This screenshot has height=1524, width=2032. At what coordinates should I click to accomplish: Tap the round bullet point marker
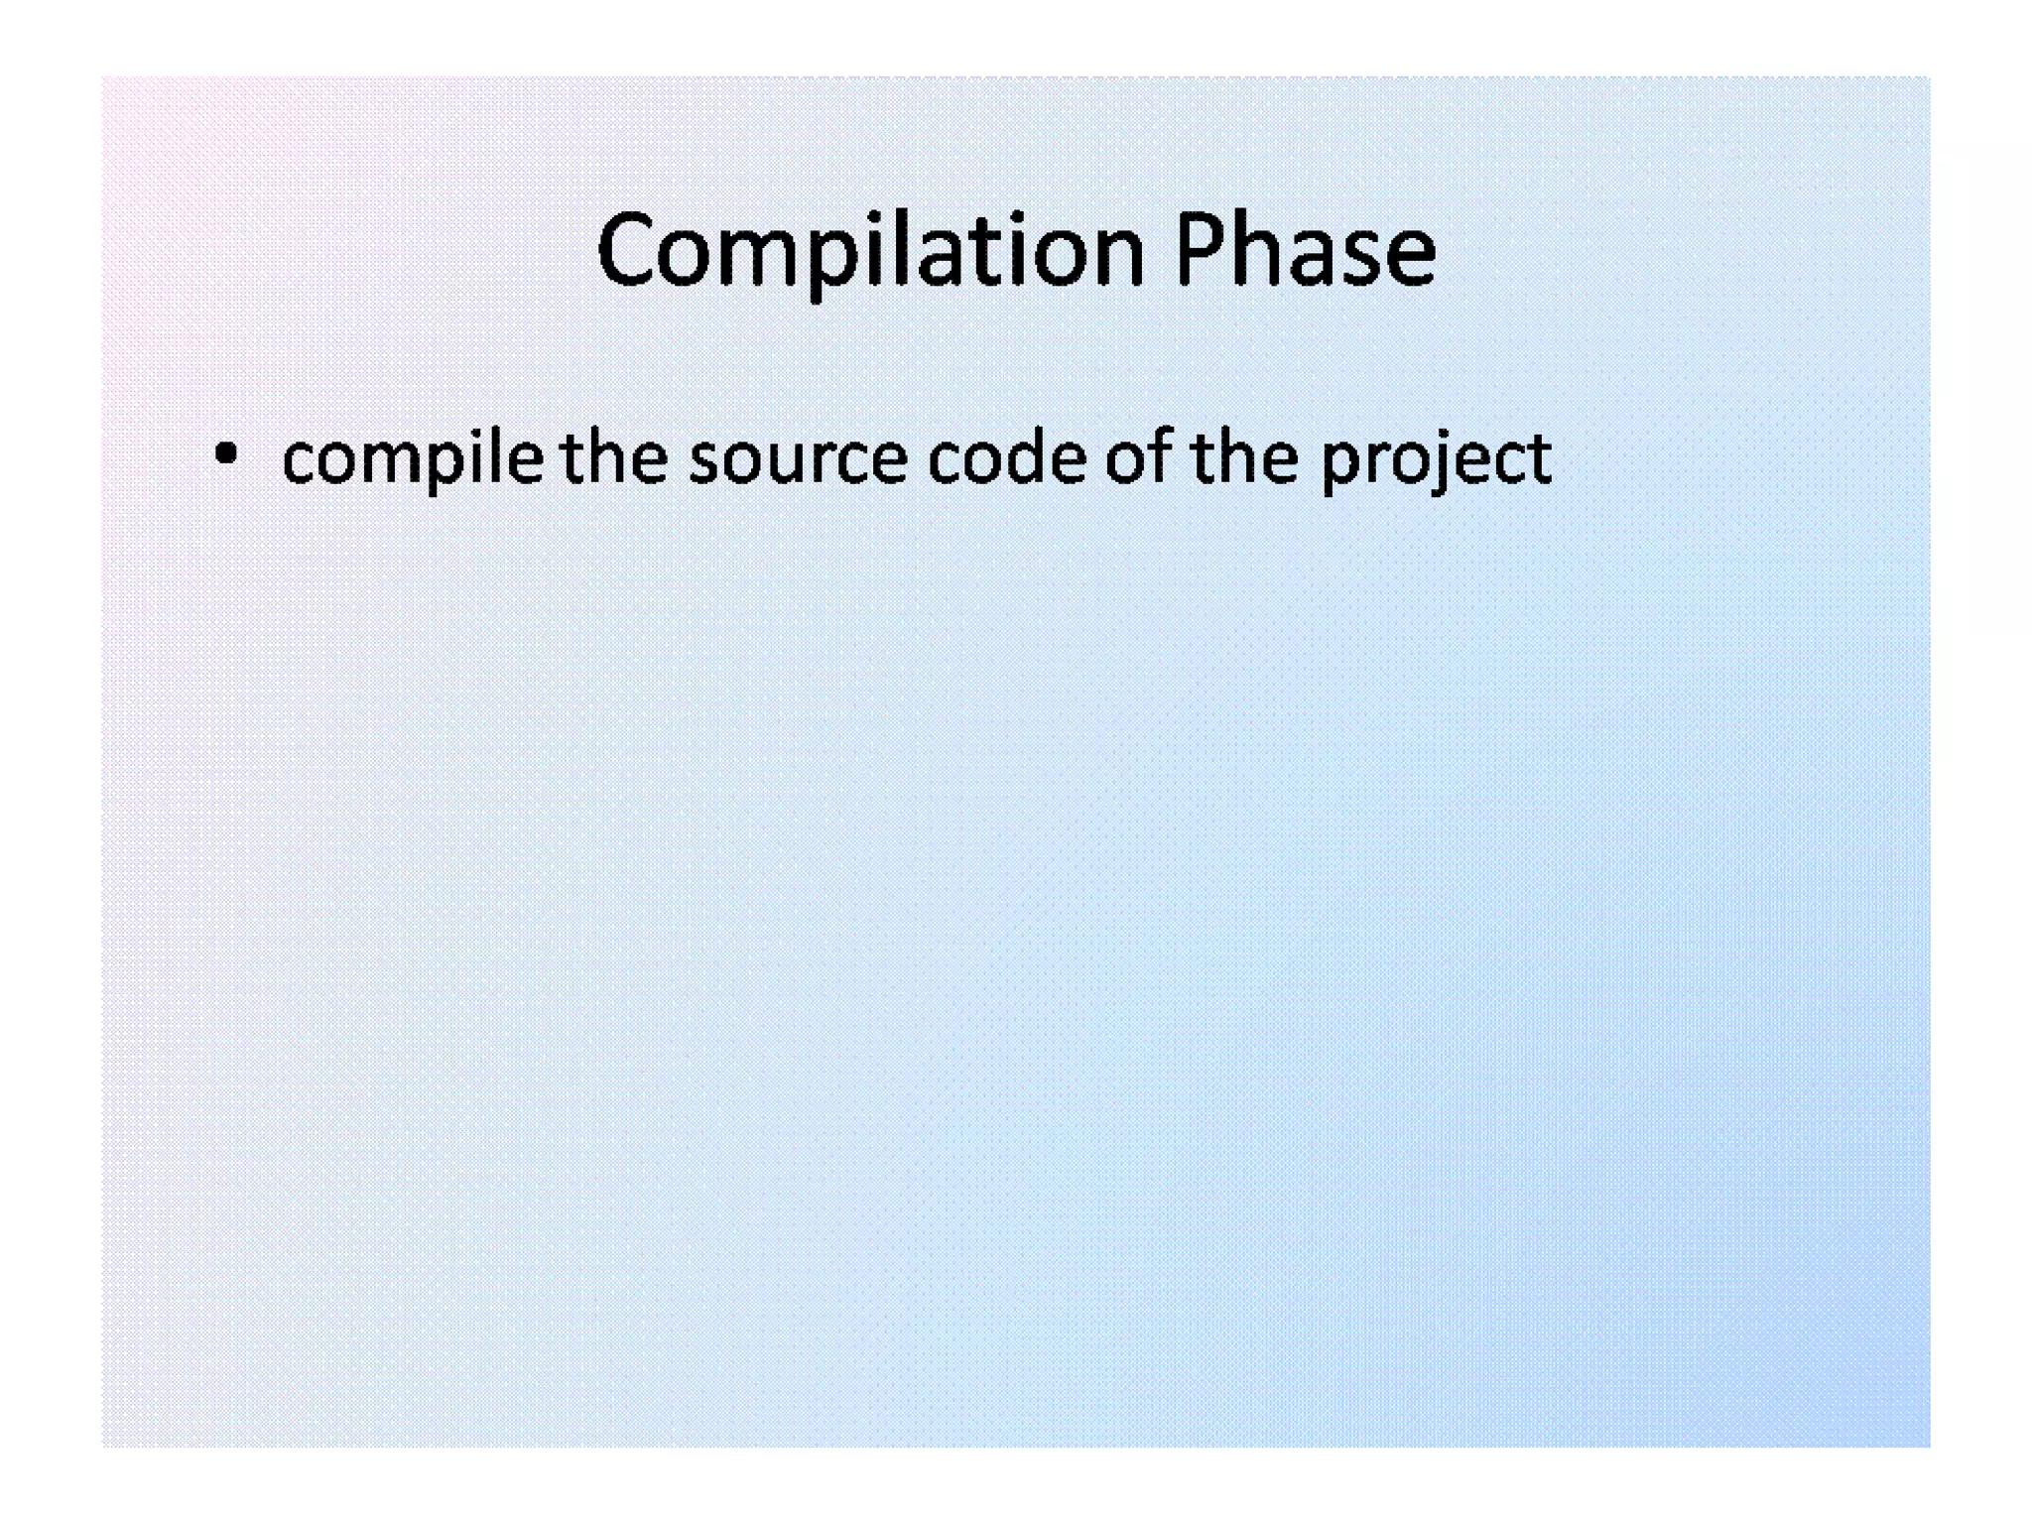click(x=226, y=455)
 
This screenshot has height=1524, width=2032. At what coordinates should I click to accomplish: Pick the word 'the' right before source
click(x=613, y=458)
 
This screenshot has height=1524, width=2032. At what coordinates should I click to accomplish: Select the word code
click(x=1006, y=458)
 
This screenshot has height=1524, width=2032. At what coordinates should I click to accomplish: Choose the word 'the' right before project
click(x=1244, y=458)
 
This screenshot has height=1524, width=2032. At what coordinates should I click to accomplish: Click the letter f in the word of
click(x=1161, y=456)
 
